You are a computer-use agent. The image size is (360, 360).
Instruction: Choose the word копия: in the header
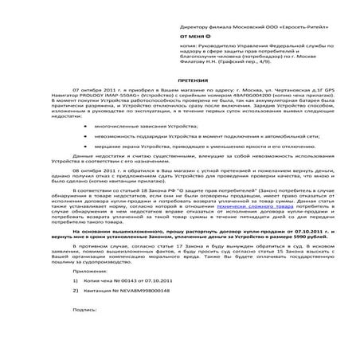pyautogui.click(x=190, y=49)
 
